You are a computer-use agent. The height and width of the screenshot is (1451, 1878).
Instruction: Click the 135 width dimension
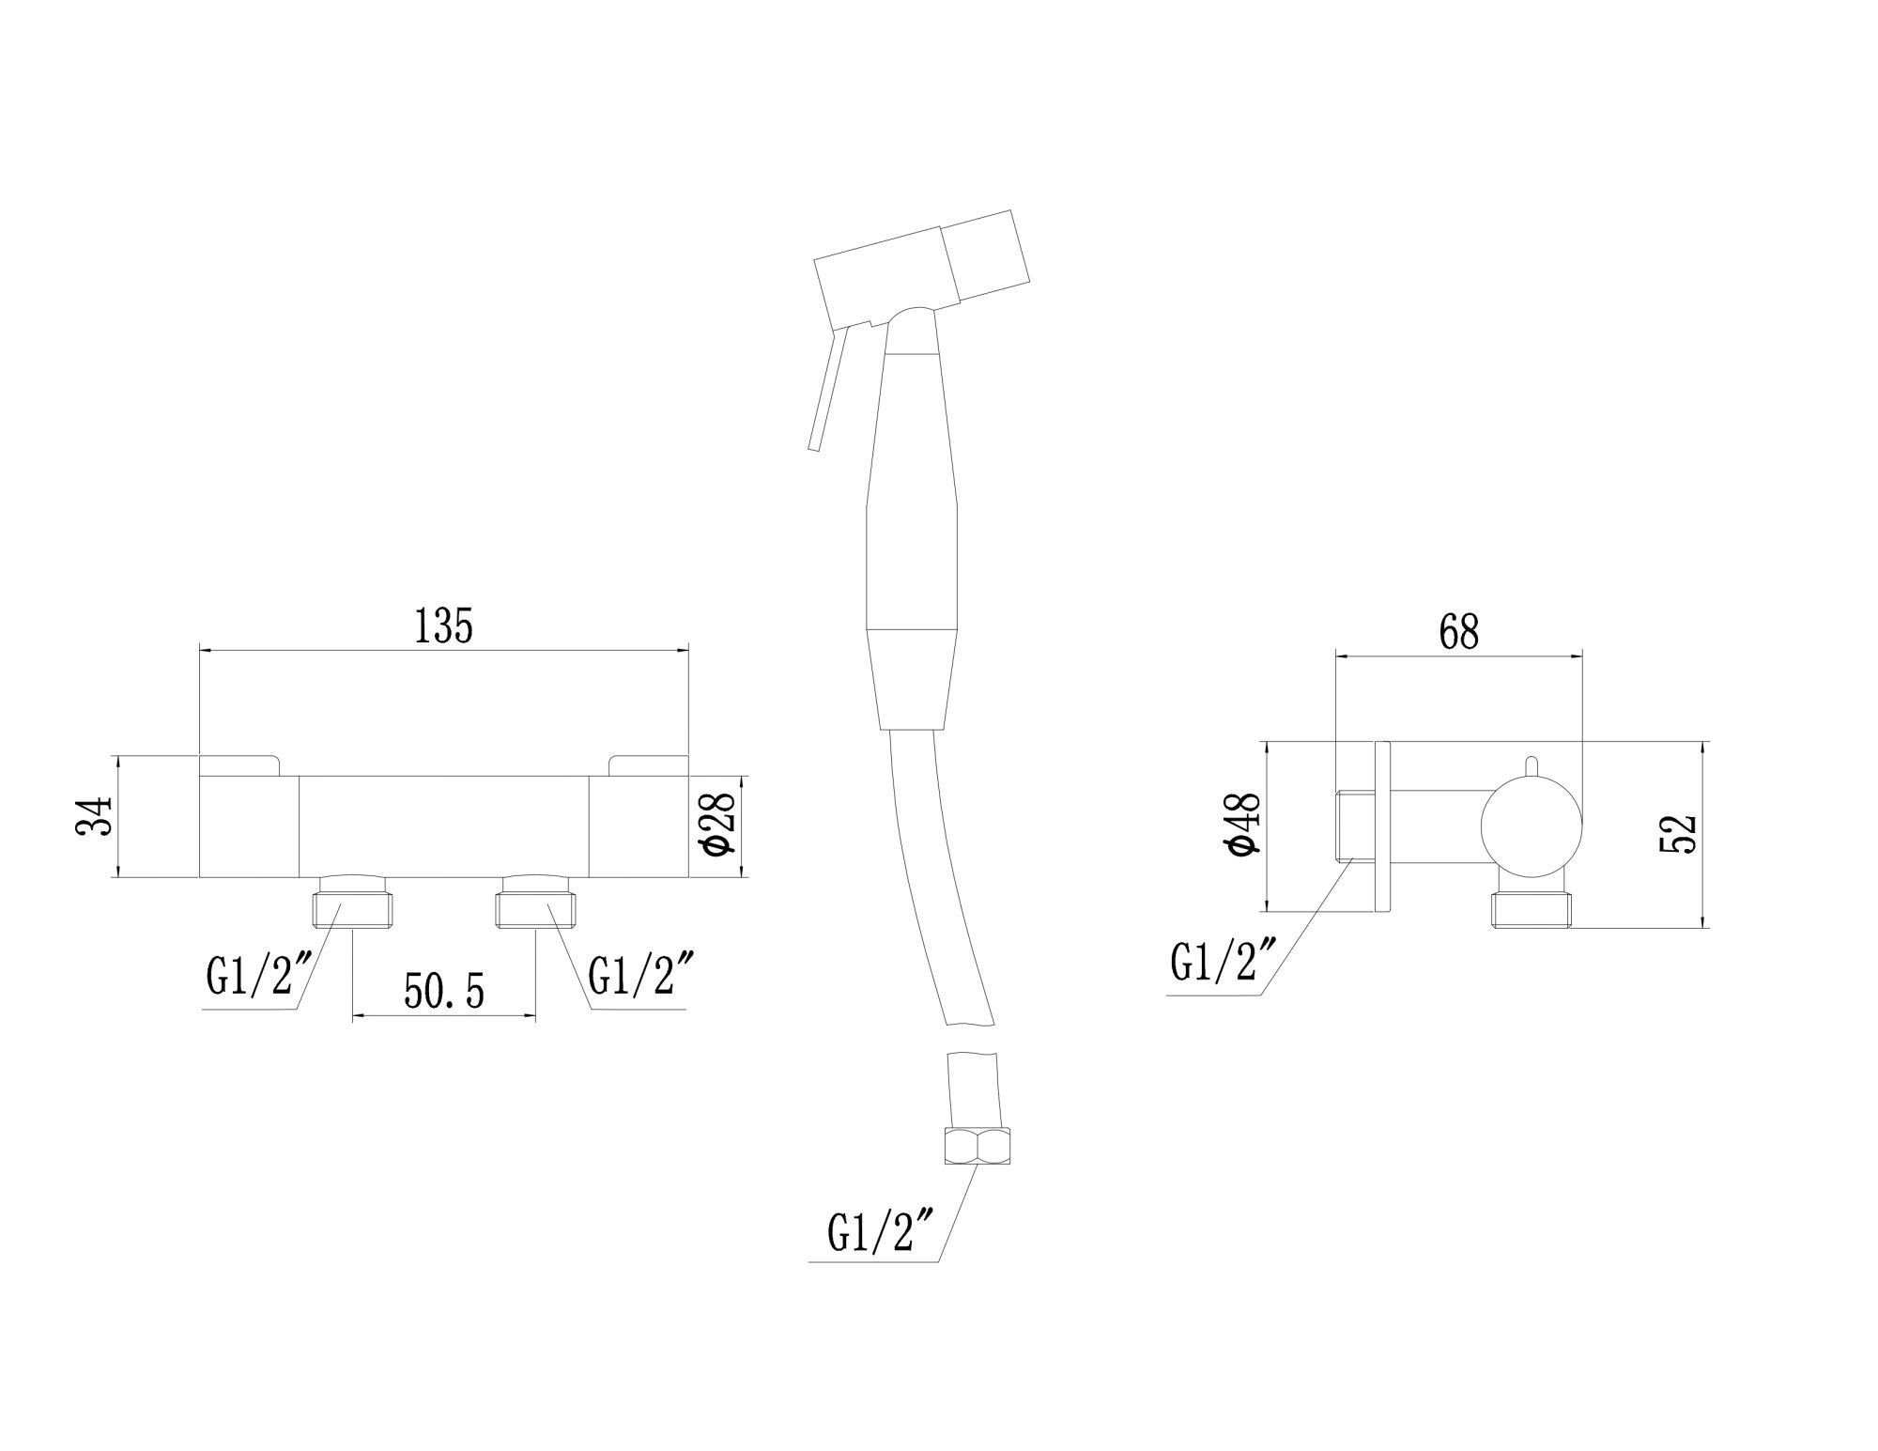tap(444, 626)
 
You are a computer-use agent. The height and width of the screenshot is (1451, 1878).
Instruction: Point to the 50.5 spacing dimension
tap(444, 991)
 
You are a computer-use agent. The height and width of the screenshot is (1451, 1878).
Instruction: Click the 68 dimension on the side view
tap(1458, 632)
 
